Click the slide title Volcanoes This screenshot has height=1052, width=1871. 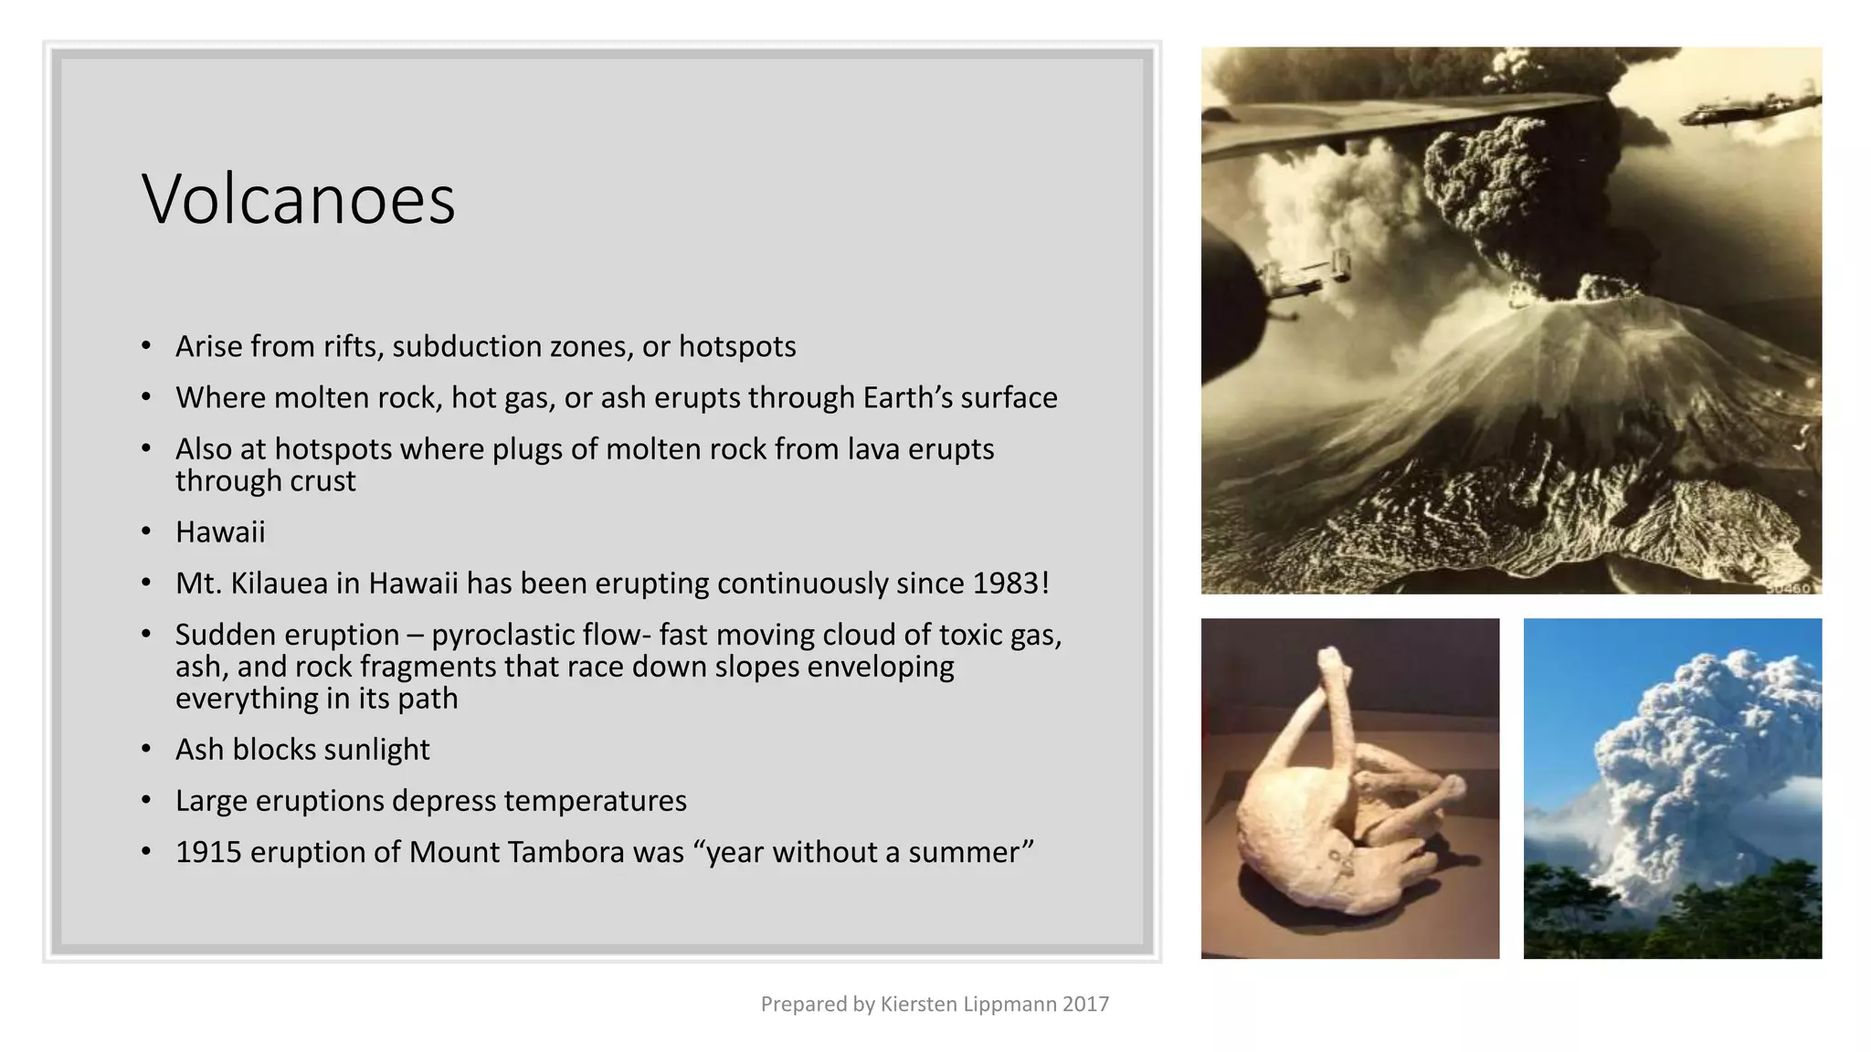point(298,199)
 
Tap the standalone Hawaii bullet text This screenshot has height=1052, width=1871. point(220,532)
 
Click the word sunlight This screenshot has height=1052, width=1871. point(376,750)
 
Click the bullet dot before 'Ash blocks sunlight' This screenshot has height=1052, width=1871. point(146,750)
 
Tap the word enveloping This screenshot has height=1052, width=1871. point(881,667)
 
